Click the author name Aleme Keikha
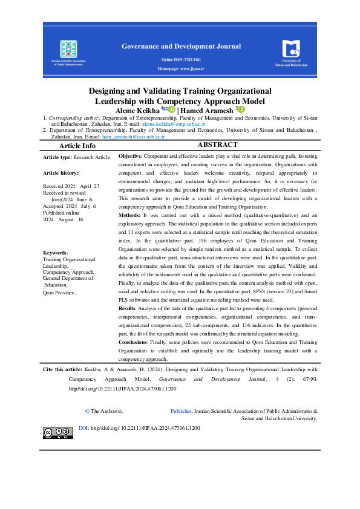tap(136, 109)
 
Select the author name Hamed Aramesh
tap(208, 109)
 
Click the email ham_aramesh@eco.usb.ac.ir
tap(133, 137)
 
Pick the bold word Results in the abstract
tap(129, 308)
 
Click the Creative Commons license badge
tap(57, 432)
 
